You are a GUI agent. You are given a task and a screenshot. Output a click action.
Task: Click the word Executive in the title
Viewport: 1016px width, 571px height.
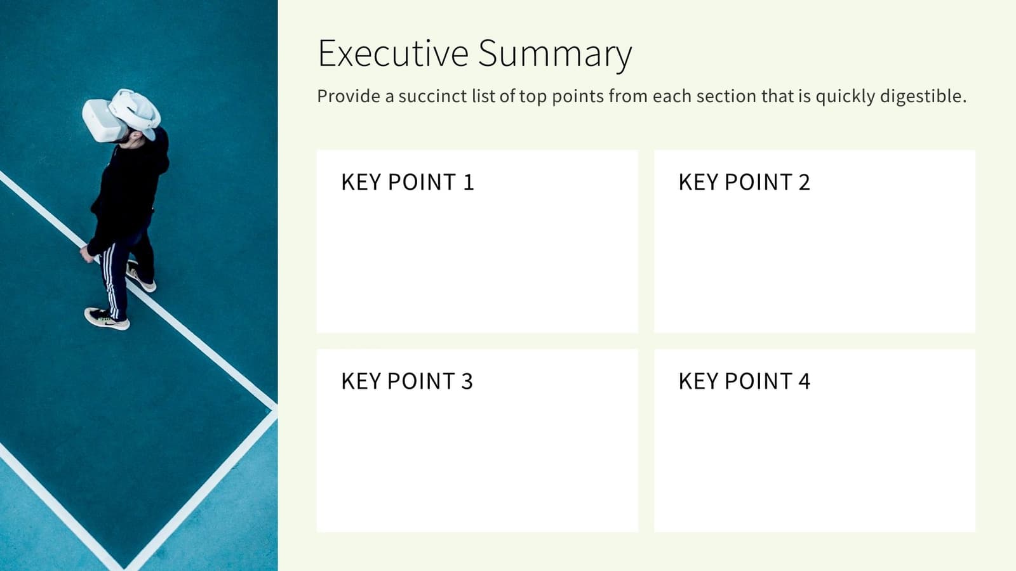(x=392, y=53)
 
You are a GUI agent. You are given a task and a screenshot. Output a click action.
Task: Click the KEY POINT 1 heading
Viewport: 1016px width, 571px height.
(x=407, y=182)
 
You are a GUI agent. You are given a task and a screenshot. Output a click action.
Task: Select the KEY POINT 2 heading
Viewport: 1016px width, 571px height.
(x=744, y=182)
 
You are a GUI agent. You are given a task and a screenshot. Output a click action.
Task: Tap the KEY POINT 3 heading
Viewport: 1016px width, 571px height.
(x=406, y=381)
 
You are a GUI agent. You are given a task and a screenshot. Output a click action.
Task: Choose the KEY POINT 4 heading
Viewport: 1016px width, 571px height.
(x=744, y=381)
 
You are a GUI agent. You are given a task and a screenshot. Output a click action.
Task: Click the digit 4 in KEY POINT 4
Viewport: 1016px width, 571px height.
(x=804, y=381)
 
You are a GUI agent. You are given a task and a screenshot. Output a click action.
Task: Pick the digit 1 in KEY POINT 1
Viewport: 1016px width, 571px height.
(x=469, y=182)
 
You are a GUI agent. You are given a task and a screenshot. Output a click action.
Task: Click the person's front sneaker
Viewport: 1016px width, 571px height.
(x=107, y=318)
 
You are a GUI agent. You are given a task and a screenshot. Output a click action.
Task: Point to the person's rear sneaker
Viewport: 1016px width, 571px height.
(x=141, y=277)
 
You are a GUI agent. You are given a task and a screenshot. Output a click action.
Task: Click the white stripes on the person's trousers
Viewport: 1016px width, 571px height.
(x=111, y=279)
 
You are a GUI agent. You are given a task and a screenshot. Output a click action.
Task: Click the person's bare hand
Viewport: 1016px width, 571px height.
(x=86, y=254)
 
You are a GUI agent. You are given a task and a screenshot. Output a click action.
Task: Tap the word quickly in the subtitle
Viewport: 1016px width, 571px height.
(x=845, y=96)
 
